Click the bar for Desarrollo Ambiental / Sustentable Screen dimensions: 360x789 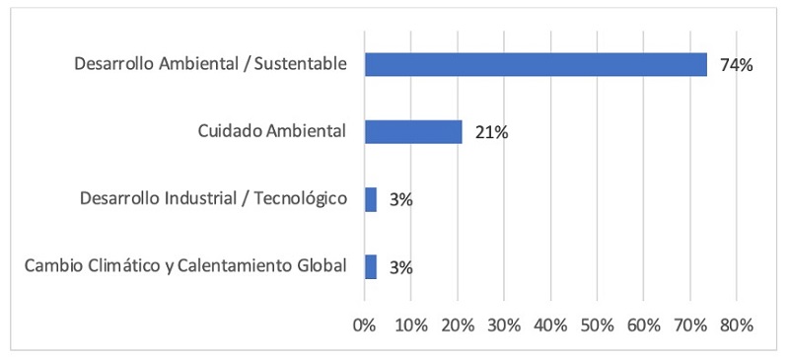pos(536,65)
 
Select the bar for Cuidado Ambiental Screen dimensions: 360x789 pos(413,132)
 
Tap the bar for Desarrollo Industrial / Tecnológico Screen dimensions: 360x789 pos(371,199)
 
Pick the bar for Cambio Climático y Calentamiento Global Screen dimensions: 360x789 pos(371,267)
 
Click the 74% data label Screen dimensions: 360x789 pos(736,66)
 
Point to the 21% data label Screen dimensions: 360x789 pos(490,133)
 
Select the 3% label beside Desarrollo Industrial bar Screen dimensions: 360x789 pos(400,200)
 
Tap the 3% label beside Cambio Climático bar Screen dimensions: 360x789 pos(400,267)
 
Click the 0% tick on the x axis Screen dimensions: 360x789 pos(365,324)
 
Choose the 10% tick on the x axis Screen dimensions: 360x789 pos(411,324)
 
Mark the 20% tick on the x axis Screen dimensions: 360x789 pos(458,324)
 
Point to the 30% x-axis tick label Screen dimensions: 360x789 pos(504,324)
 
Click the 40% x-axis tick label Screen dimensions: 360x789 pos(550,324)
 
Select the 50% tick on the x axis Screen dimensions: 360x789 pos(597,324)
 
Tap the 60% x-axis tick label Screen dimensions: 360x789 pos(643,324)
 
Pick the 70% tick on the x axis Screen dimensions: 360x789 pos(689,324)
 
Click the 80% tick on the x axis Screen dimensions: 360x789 pos(736,324)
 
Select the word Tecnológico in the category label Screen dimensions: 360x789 pos(301,199)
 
